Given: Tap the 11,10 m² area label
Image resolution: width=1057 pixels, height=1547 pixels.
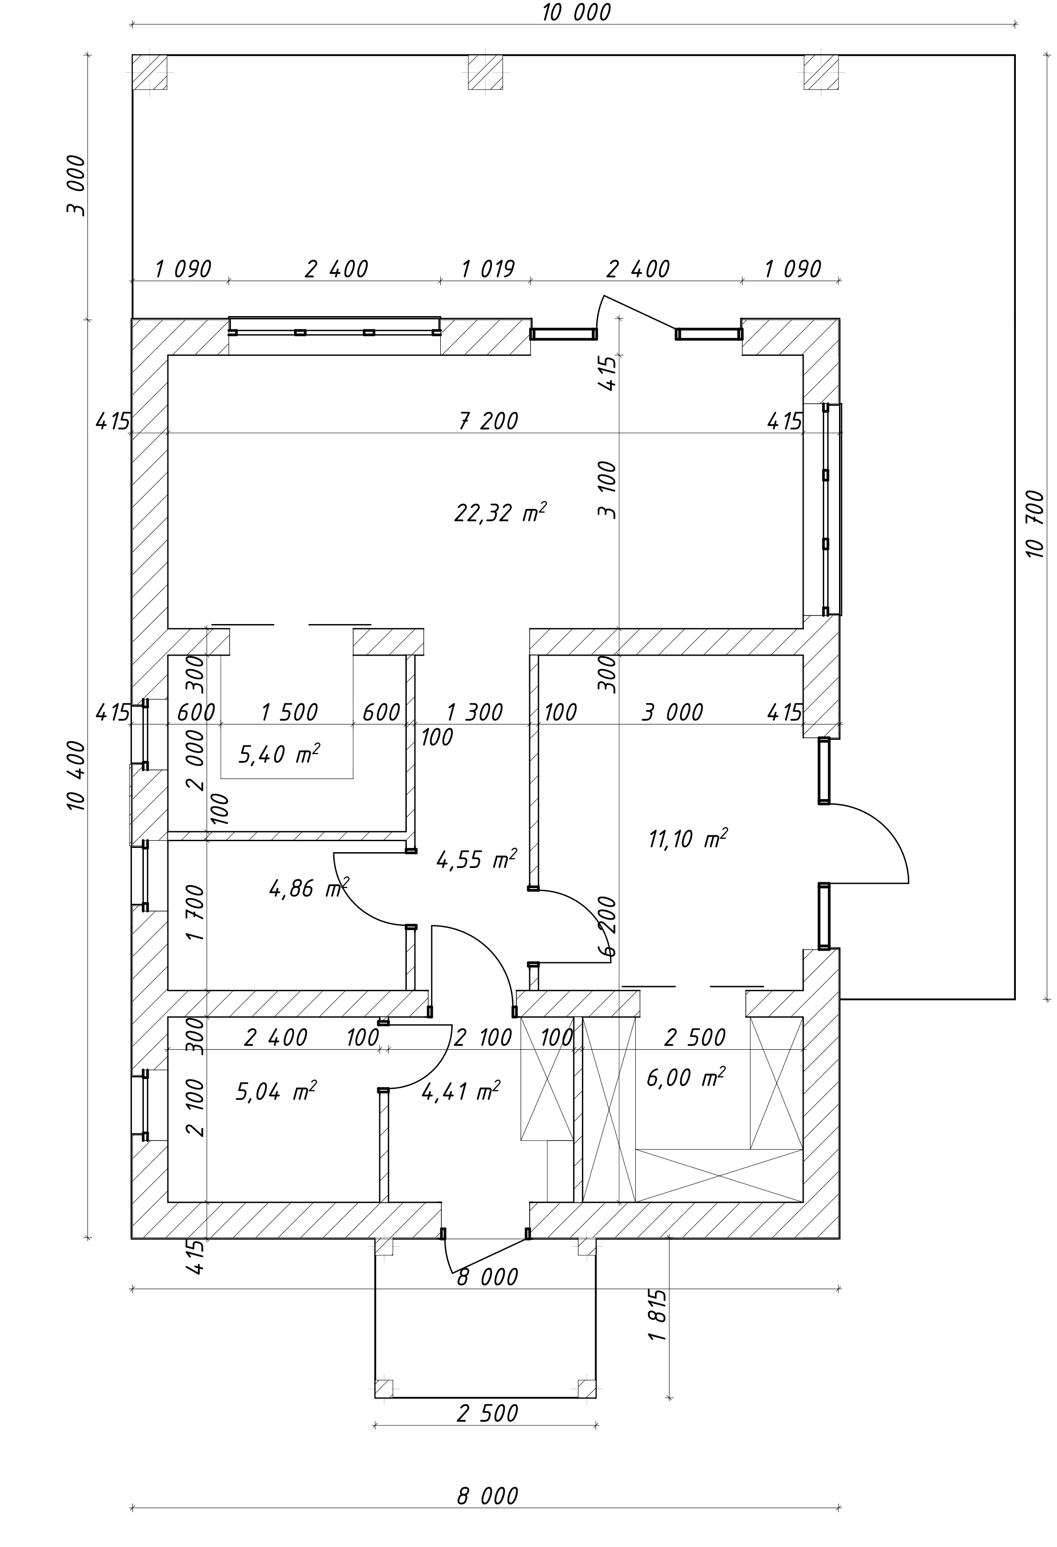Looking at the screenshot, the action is click(687, 839).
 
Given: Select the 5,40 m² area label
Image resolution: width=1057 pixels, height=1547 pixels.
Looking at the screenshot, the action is click(279, 754).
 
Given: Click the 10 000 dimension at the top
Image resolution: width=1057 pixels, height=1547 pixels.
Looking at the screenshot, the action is click(576, 12).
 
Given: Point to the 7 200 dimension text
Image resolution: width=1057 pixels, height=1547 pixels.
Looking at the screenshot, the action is click(489, 421).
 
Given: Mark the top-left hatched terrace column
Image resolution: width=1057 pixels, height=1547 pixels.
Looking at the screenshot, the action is click(150, 72).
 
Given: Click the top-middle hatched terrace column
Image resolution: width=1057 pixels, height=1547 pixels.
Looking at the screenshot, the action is click(485, 72).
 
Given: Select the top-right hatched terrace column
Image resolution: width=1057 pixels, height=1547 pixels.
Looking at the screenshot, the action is click(821, 72).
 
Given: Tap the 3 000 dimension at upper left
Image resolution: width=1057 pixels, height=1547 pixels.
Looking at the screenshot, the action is click(76, 185).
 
